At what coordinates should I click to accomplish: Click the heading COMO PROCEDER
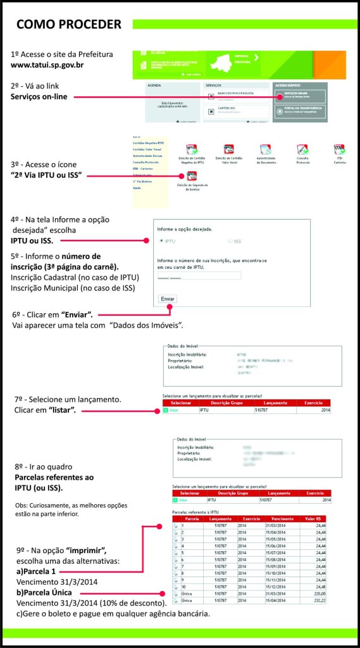68,25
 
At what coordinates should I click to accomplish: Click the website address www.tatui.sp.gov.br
47,65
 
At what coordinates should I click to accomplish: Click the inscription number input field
199,275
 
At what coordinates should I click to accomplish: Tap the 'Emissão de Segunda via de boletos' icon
192,177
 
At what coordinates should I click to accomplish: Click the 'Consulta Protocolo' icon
302,150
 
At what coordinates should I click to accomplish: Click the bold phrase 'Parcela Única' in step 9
42,593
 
